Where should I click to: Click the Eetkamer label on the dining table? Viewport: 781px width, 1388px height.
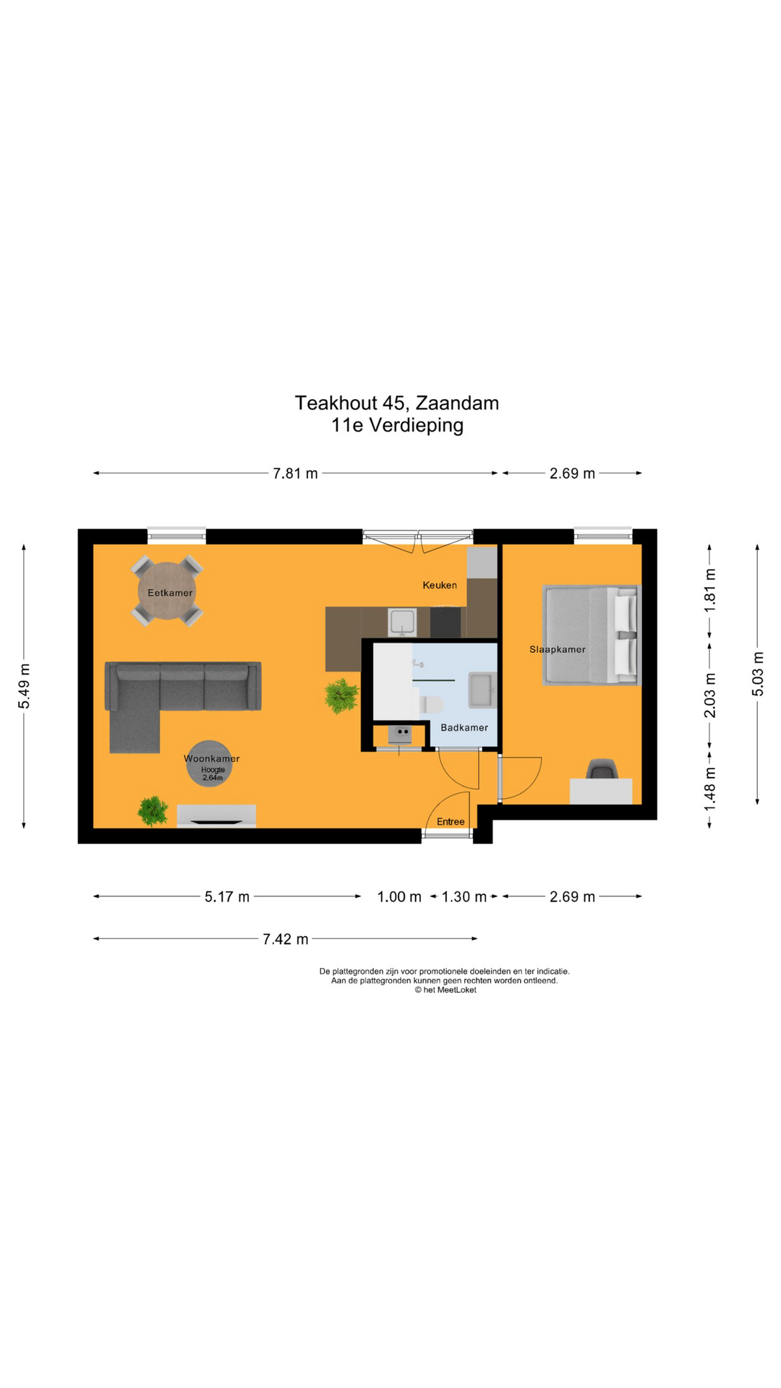[x=170, y=593]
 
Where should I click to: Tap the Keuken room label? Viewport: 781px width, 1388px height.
[x=440, y=585]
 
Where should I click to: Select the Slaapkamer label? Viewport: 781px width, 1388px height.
[x=558, y=649]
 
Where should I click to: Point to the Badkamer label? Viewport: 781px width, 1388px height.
[x=464, y=727]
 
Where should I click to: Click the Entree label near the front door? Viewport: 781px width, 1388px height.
[x=451, y=821]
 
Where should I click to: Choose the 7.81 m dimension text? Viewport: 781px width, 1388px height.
[x=295, y=474]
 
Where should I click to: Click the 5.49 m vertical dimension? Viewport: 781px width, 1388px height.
[x=24, y=686]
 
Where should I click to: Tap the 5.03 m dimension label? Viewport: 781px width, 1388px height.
[x=757, y=674]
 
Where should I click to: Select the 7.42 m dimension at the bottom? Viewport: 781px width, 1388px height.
[x=286, y=939]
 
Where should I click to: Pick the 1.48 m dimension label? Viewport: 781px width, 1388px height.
[x=709, y=787]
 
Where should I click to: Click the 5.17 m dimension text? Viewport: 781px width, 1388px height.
[x=227, y=897]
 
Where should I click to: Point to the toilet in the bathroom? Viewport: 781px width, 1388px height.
[x=431, y=703]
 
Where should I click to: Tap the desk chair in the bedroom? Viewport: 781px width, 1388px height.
[x=602, y=768]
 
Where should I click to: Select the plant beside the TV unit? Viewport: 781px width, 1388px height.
[x=153, y=811]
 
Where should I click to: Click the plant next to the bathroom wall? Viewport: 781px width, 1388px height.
[x=341, y=696]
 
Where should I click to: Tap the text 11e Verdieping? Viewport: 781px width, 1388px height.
[x=397, y=425]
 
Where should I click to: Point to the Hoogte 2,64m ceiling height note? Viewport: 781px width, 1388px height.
[x=213, y=774]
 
